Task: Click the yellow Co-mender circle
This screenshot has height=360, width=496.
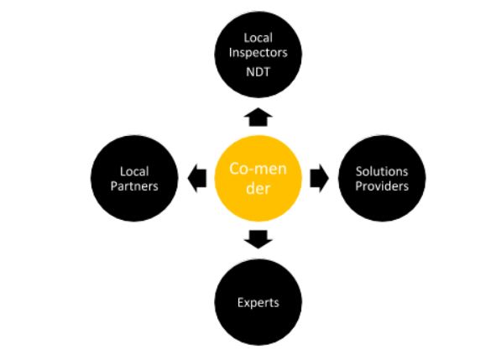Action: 258,178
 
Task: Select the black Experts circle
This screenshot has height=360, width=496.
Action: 258,302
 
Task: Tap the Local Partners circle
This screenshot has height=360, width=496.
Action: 134,178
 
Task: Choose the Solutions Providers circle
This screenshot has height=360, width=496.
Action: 382,178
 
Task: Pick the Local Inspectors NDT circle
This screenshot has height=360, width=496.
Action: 258,55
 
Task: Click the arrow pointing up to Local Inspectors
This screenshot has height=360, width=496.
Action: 258,117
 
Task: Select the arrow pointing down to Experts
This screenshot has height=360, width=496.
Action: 258,239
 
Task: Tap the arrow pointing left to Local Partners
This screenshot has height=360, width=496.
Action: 197,178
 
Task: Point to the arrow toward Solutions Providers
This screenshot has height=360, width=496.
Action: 320,178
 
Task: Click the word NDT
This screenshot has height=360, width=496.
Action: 258,72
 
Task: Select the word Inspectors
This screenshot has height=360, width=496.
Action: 258,53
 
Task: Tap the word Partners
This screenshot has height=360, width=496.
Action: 134,186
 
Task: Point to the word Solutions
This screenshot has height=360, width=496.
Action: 382,171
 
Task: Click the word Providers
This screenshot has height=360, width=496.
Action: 382,186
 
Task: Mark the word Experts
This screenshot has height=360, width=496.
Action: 258,303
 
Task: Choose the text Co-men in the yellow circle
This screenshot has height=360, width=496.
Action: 258,169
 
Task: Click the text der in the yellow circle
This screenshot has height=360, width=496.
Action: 258,188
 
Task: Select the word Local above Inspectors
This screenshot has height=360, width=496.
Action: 258,38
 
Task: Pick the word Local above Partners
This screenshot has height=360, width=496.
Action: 134,171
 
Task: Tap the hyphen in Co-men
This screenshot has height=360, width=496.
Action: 251,170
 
